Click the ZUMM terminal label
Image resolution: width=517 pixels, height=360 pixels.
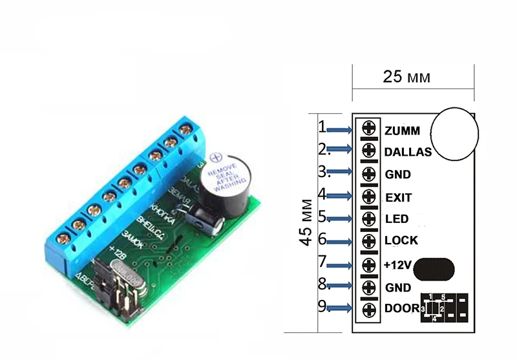(401, 131)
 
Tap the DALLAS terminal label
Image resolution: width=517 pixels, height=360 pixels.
(407, 153)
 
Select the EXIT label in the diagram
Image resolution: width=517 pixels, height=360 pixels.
(398, 197)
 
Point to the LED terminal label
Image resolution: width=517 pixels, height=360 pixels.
(396, 219)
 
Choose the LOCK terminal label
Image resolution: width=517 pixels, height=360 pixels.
(401, 241)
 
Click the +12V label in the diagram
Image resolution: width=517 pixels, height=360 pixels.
(397, 264)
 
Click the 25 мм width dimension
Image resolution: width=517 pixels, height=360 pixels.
(406, 78)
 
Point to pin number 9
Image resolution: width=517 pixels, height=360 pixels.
(322, 306)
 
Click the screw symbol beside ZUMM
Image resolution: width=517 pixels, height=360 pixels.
(369, 127)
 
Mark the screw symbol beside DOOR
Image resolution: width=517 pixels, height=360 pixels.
(369, 310)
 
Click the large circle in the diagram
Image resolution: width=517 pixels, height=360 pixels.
(454, 132)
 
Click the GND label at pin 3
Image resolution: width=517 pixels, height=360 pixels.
(397, 175)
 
